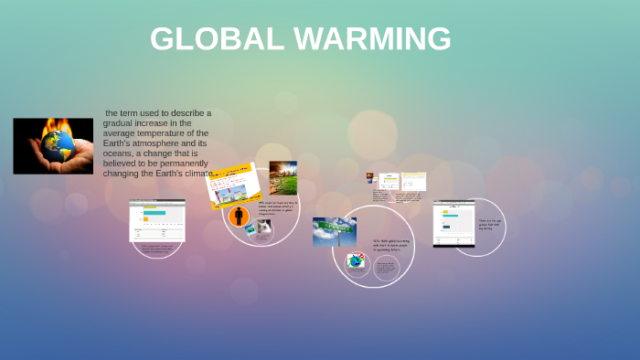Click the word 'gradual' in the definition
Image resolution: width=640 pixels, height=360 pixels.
[120, 123]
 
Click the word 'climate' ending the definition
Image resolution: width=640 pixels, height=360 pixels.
[197, 174]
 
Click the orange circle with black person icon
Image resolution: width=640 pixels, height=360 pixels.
[239, 217]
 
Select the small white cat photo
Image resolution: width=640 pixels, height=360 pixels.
[264, 227]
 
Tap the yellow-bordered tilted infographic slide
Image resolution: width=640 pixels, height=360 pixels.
[233, 185]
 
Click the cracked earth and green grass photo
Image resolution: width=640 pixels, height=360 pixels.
[283, 178]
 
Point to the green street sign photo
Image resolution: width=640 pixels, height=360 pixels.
[334, 231]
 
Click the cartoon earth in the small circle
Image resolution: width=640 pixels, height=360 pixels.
[356, 261]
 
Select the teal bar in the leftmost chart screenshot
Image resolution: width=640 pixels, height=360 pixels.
[155, 213]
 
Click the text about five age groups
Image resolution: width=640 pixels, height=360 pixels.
[490, 223]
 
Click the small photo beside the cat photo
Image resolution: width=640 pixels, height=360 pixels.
[250, 230]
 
